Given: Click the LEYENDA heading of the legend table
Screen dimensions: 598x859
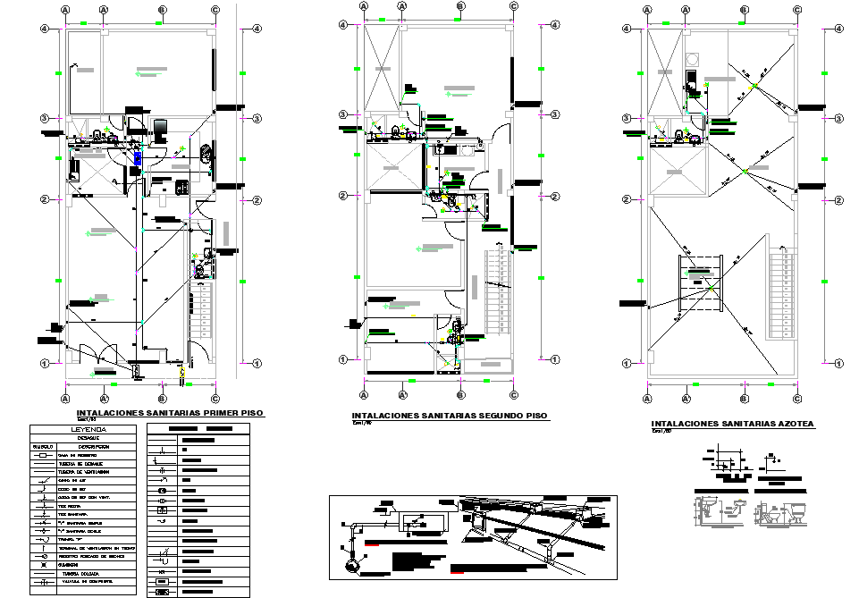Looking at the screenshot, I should [82, 429].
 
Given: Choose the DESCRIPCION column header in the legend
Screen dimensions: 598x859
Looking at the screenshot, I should [91, 446].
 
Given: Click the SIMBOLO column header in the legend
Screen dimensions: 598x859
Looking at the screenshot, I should [43, 446].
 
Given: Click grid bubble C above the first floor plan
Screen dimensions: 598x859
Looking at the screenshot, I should [215, 10].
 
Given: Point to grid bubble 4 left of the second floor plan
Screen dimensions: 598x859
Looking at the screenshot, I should [341, 29].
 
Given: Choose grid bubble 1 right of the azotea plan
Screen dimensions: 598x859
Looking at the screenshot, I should [838, 363].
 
